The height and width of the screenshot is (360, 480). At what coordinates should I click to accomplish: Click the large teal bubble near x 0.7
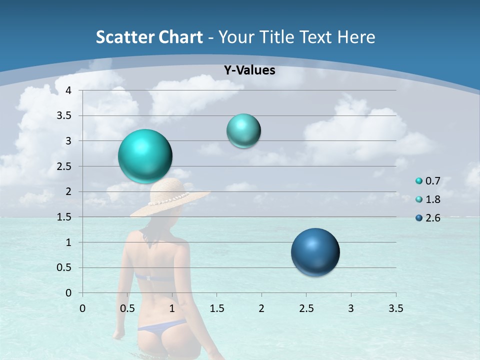click(x=145, y=156)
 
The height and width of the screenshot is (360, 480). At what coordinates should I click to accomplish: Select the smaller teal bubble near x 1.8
click(x=243, y=131)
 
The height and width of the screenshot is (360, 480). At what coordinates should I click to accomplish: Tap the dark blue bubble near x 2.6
click(x=315, y=252)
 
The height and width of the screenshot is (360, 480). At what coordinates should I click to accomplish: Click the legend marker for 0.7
click(x=419, y=181)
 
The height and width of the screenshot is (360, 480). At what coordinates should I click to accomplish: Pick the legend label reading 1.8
click(x=432, y=199)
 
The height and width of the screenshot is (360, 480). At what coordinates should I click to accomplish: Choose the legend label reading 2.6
click(x=432, y=218)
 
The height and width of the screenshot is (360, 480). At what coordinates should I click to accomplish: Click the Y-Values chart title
click(x=249, y=70)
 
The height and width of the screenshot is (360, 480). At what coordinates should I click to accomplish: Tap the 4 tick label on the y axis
click(x=68, y=90)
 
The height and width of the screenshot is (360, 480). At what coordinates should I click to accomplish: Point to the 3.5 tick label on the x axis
click(x=396, y=308)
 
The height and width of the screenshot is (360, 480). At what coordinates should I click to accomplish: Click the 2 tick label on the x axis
click(x=261, y=308)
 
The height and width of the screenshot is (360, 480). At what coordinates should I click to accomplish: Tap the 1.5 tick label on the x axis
click(x=216, y=308)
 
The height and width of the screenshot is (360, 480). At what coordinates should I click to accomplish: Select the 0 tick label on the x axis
click(x=82, y=308)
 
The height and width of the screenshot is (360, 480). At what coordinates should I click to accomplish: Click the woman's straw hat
click(x=170, y=198)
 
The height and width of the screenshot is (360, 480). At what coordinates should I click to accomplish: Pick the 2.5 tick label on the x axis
click(x=306, y=308)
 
